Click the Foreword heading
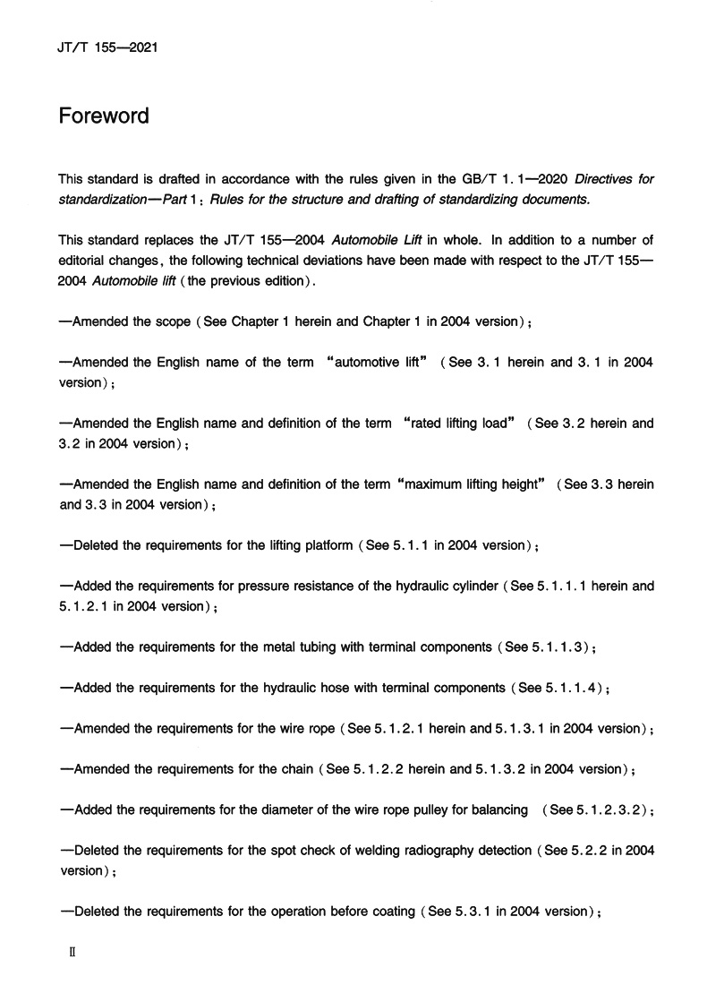point(104,117)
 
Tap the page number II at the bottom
point(73,955)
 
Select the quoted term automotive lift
point(377,362)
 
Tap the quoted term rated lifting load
point(458,423)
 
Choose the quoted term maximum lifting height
point(469,484)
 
